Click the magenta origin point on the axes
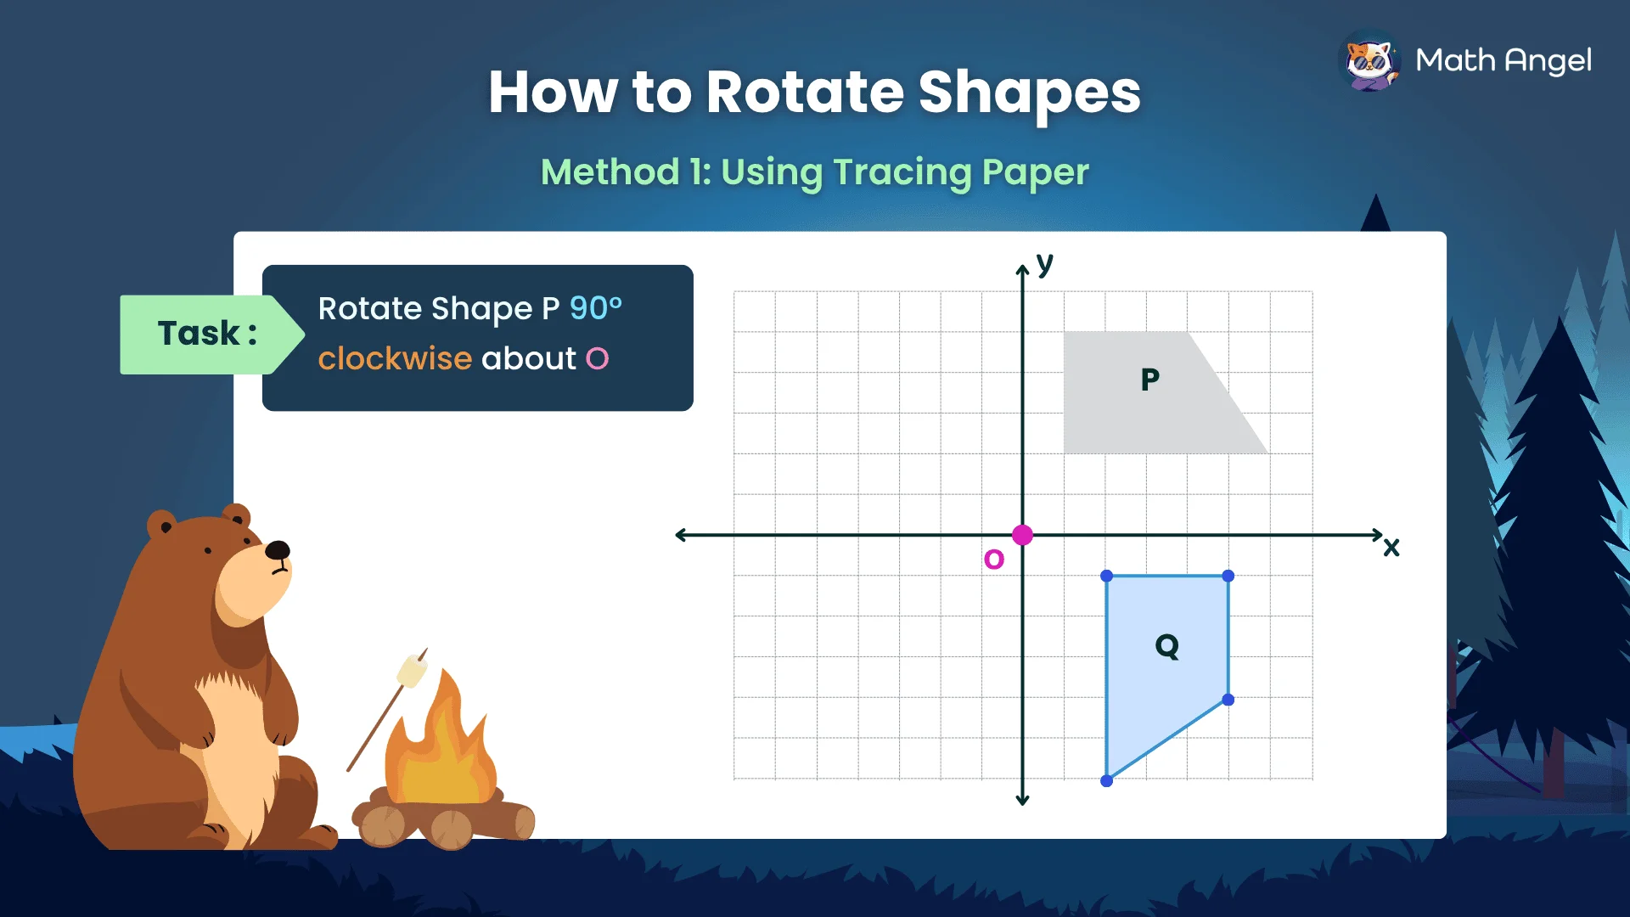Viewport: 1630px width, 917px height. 1022,535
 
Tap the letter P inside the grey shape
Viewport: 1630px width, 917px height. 1149,380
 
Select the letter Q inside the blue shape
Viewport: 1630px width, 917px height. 1167,646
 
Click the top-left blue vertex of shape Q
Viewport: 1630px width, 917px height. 1106,576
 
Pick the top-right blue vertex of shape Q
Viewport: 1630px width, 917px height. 1228,576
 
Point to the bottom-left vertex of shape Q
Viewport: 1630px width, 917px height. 1106,781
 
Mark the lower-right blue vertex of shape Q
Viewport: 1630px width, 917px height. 1228,700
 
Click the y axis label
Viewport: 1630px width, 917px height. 1045,263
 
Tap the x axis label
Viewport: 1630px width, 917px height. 1391,548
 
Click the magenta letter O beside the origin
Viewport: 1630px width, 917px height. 993,560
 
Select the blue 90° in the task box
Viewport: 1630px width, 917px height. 596,308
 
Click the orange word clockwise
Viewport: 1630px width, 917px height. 395,359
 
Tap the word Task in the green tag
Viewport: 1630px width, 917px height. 200,334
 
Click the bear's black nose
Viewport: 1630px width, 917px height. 278,550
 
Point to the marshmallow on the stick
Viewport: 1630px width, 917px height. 412,671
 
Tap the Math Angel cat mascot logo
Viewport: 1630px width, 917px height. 1369,60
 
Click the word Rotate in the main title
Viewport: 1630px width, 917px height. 805,92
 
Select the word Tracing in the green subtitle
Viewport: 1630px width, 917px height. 902,172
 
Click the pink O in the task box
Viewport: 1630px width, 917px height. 598,359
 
